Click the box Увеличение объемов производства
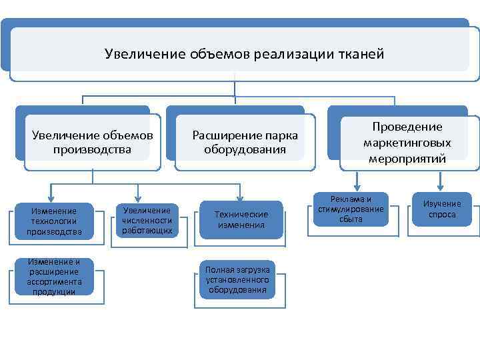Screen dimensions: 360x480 click(93, 142)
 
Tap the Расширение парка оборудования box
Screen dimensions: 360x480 click(245, 142)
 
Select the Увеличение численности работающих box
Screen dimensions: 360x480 click(147, 221)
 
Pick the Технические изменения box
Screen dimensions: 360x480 click(241, 219)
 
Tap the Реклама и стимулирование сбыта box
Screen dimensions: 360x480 click(351, 209)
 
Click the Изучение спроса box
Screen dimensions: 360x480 click(442, 209)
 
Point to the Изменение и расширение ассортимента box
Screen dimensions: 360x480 click(53, 277)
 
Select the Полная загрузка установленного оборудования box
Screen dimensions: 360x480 click(237, 279)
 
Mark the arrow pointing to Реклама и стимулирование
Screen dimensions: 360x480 click(357, 181)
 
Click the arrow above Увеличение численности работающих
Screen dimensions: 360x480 click(138, 193)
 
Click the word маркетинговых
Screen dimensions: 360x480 click(407, 143)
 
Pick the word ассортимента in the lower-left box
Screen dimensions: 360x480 click(53, 282)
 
